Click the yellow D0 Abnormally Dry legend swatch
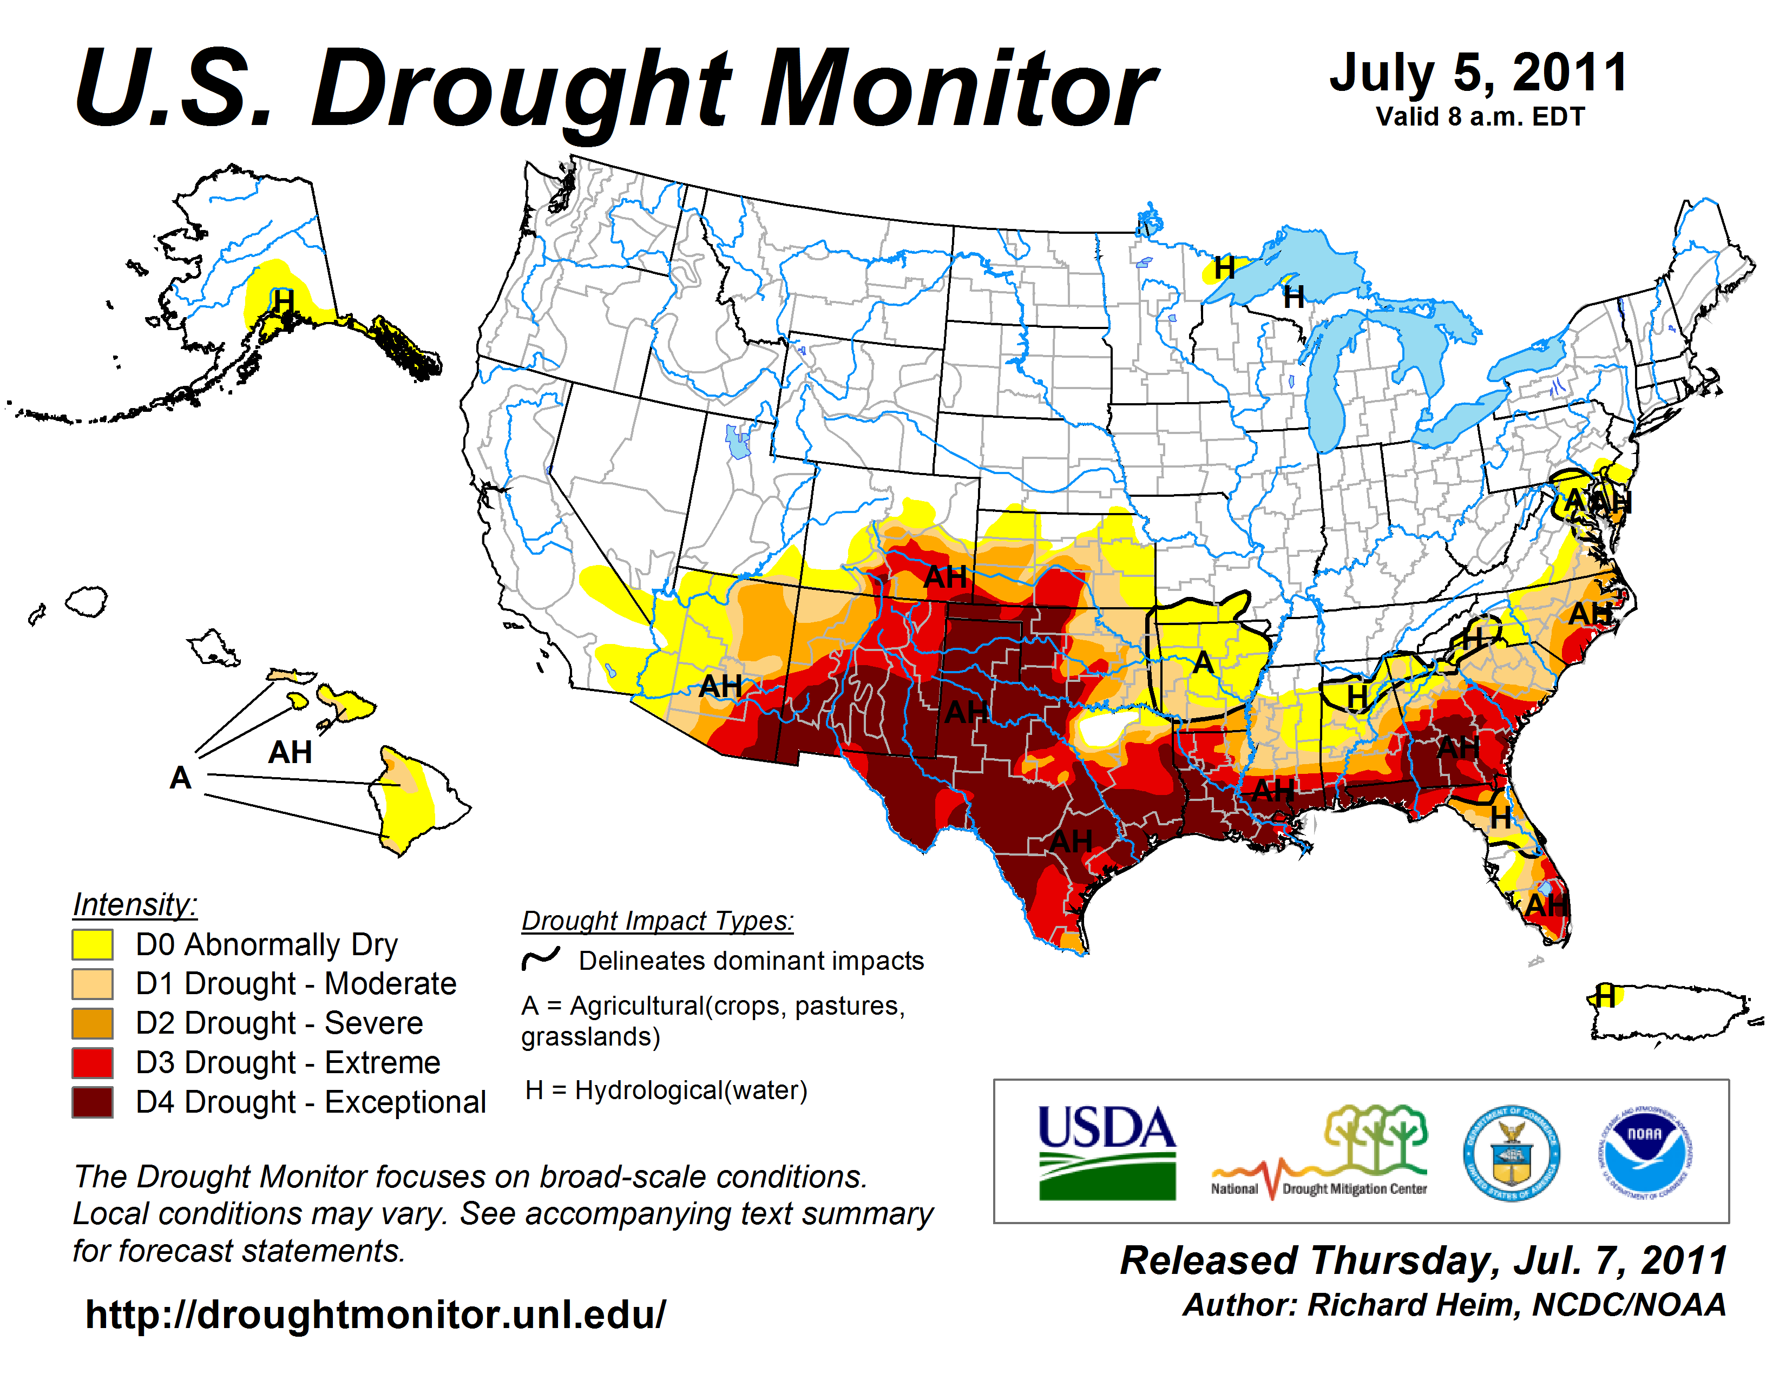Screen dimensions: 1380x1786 point(93,944)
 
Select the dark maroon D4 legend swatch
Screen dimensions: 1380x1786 point(93,1102)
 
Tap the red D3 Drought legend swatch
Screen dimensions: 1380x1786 point(93,1063)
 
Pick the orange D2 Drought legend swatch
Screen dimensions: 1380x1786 point(93,1023)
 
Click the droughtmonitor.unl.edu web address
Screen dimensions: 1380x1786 point(376,1315)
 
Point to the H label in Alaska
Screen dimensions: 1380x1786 point(284,301)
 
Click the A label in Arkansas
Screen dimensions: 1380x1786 point(1202,661)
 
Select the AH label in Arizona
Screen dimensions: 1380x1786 point(720,687)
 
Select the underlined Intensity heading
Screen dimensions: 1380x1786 point(135,904)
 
